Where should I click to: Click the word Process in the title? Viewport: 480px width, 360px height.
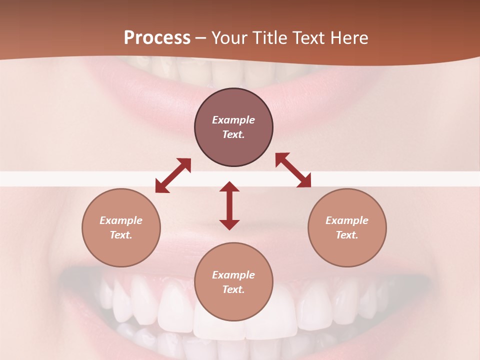157,38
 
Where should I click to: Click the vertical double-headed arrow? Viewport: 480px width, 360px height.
229,205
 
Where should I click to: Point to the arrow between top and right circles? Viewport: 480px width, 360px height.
293,170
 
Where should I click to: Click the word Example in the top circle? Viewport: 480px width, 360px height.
233,120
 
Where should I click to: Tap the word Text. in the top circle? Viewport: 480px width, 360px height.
233,134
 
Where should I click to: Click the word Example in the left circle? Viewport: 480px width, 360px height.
121,220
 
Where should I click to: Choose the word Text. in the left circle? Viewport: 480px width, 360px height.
121,235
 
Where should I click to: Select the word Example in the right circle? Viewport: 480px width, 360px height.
347,220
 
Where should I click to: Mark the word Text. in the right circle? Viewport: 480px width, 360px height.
347,235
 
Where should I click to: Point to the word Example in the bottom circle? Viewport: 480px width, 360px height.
233,275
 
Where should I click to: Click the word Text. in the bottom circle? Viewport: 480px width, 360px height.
233,289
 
